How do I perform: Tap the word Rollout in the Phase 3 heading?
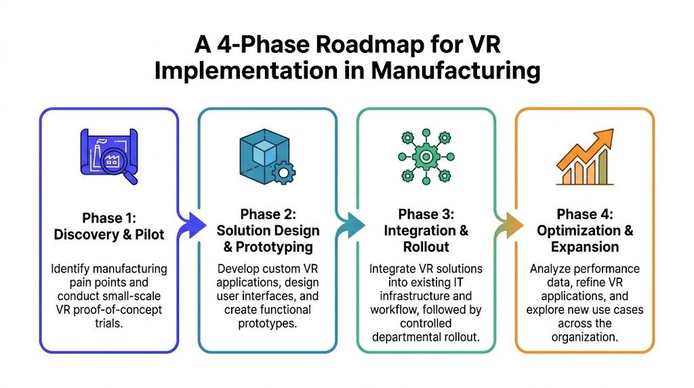coord(426,247)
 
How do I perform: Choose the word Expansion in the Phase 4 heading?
coord(585,247)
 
